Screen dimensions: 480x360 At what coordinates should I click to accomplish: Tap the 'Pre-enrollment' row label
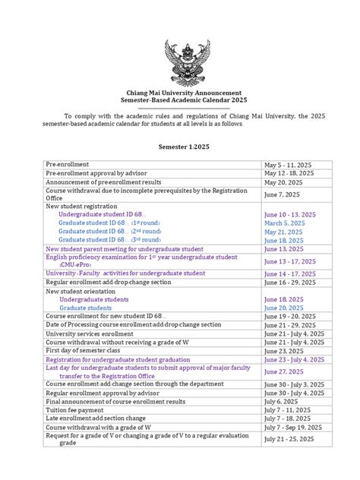pyautogui.click(x=68, y=164)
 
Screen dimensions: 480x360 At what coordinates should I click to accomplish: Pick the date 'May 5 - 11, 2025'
pyautogui.click(x=288, y=164)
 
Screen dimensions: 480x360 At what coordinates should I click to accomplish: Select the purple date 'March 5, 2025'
pyautogui.click(x=286, y=223)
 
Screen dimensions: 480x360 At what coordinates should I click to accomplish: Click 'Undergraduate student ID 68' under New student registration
pyautogui.click(x=102, y=214)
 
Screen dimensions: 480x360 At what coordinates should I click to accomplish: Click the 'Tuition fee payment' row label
pyautogui.click(x=79, y=409)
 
